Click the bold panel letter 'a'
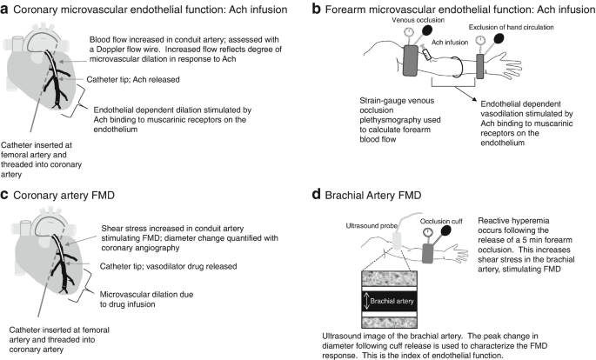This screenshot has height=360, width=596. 7,10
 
